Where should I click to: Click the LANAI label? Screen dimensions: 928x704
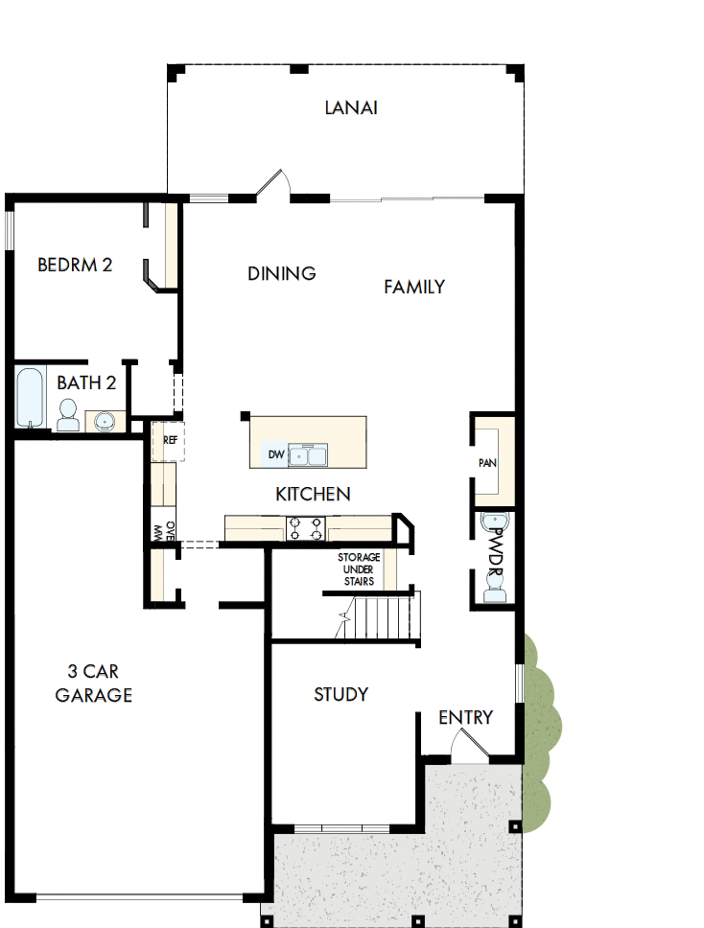click(351, 107)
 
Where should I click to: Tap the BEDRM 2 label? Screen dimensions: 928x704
click(75, 265)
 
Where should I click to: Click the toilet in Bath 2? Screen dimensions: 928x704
click(68, 414)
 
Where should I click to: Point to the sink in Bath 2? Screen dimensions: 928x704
click(104, 421)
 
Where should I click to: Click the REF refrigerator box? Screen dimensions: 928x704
click(169, 441)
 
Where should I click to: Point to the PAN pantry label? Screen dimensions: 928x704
click(487, 463)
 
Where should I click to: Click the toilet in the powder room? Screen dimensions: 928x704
click(495, 590)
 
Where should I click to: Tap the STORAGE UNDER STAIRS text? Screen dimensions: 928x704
click(359, 568)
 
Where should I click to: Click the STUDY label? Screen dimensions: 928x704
click(341, 694)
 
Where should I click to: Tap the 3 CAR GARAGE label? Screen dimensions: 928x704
click(93, 683)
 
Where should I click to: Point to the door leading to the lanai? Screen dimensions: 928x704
click(274, 185)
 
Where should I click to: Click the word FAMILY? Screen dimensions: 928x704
click(414, 287)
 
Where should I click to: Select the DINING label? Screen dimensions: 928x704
click(282, 273)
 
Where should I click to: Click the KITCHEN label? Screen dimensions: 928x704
click(313, 495)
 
